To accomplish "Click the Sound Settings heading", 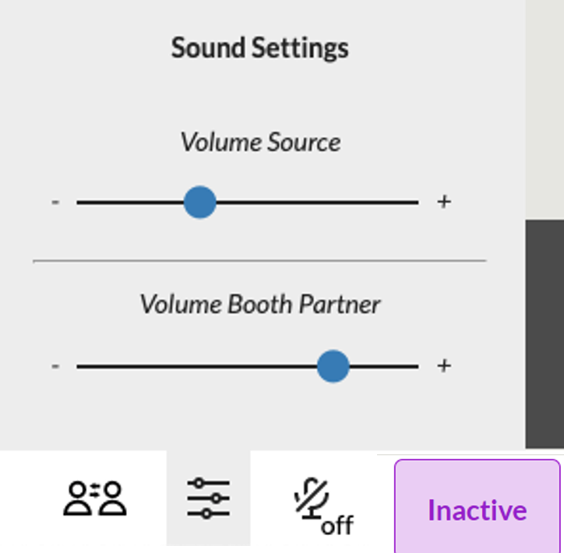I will tap(259, 48).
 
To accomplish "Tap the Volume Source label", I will tap(260, 143).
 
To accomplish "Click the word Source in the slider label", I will tap(304, 143).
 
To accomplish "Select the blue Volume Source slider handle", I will tap(199, 203).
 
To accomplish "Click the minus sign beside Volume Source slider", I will tap(55, 203).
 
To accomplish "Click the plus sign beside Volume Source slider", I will tap(444, 203).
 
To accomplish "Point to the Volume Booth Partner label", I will tap(260, 304).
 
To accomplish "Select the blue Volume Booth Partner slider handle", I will tap(333, 366).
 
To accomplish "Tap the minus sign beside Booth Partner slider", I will tap(55, 366).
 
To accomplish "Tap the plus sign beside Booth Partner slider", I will tap(444, 366).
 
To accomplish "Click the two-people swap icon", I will tap(94, 498).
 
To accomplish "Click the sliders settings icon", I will tap(209, 498).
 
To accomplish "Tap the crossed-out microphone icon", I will tap(312, 498).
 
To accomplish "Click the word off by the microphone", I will tap(337, 526).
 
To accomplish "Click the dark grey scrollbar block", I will tap(545, 333).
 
